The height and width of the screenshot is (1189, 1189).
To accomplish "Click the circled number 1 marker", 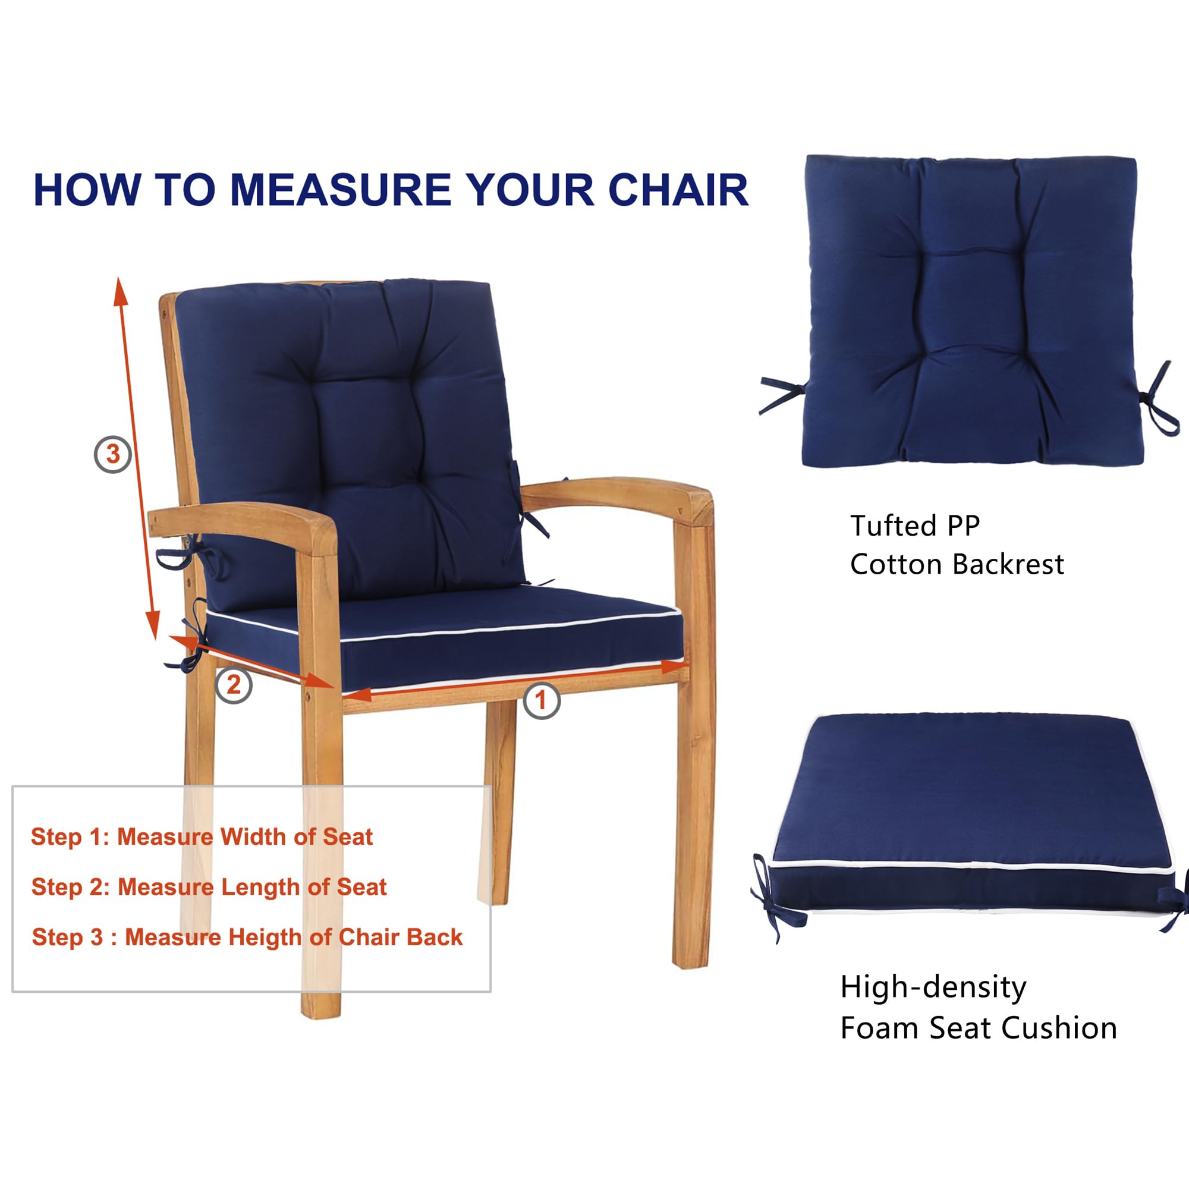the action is (541, 700).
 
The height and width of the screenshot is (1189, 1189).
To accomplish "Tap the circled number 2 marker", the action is (234, 685).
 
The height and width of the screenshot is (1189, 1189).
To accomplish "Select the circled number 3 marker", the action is (112, 454).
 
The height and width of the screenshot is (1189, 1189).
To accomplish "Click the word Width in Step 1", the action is (254, 837).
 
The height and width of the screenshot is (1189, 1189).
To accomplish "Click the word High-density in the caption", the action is (933, 987).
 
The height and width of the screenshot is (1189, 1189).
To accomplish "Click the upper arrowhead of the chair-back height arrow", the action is (120, 291).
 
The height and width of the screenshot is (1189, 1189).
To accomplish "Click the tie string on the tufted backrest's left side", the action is (782, 394).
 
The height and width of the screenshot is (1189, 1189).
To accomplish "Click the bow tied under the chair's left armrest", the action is (185, 554).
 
